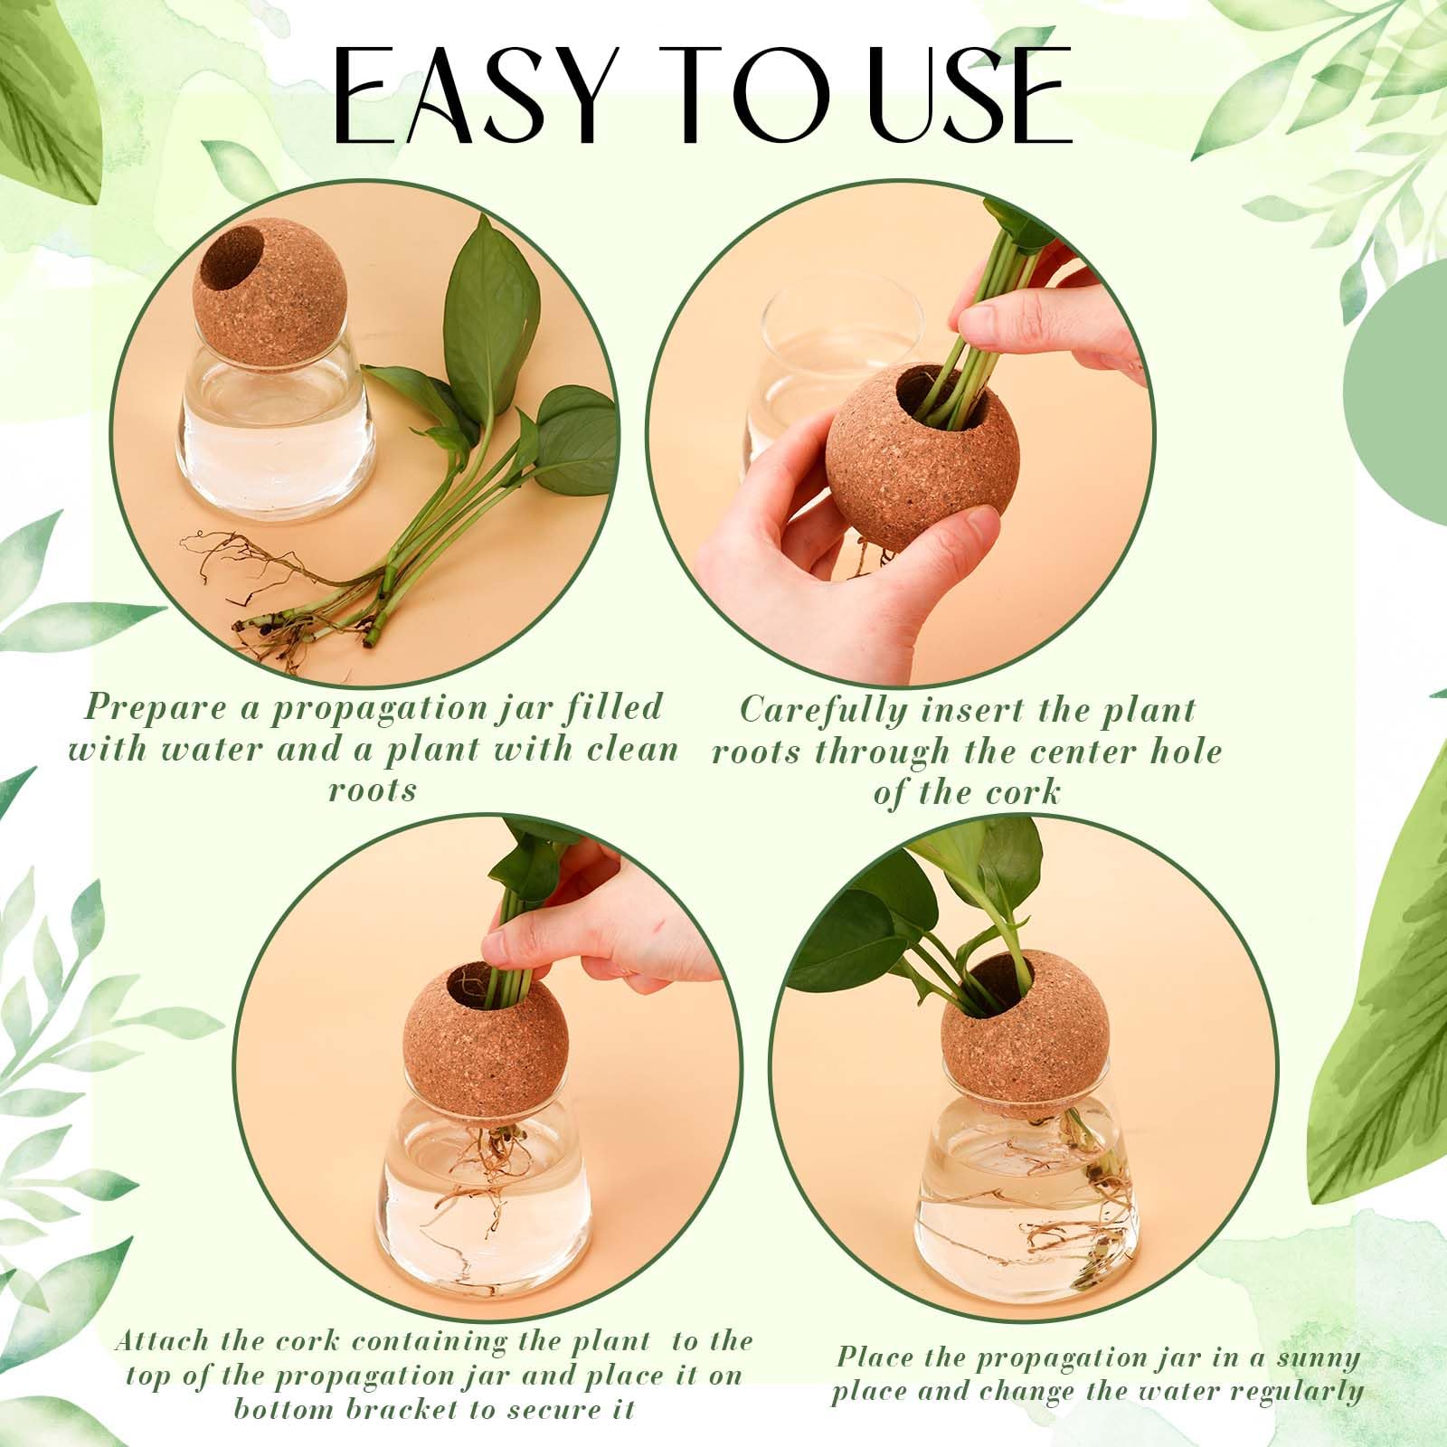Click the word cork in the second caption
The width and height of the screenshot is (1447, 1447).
click(1023, 793)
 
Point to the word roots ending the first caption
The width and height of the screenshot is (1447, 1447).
click(373, 790)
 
